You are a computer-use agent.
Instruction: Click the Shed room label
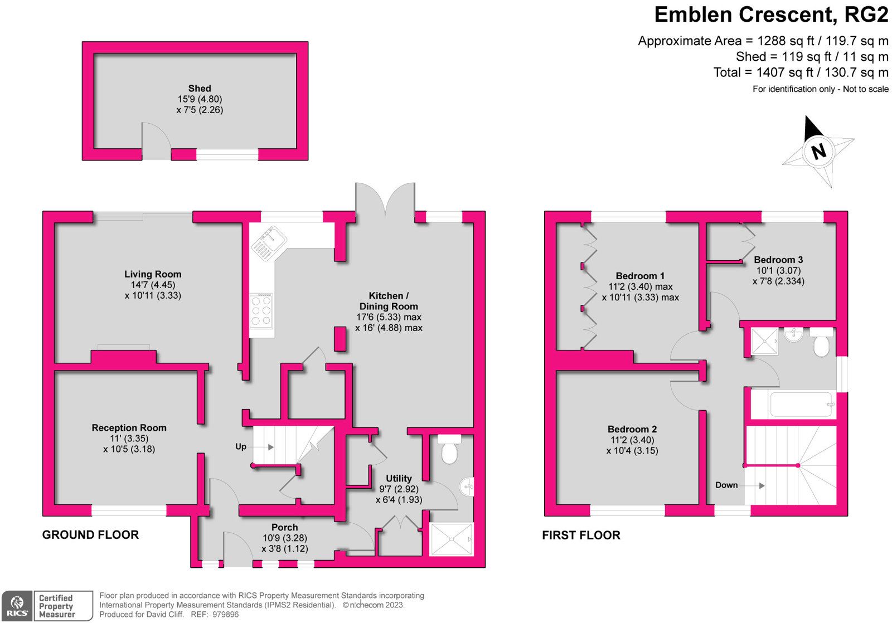pyautogui.click(x=200, y=89)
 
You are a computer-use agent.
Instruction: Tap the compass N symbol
pyautogui.click(x=818, y=151)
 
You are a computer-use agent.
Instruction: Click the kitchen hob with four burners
pyautogui.click(x=261, y=311)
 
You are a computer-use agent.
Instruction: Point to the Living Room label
pyautogui.click(x=153, y=274)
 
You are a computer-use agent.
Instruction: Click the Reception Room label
pyautogui.click(x=129, y=428)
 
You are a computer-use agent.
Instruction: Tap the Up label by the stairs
pyautogui.click(x=241, y=446)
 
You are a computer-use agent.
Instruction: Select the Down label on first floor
pyautogui.click(x=726, y=485)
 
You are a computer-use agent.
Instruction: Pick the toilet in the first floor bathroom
pyautogui.click(x=821, y=343)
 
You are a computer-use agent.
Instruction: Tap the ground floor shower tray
pyautogui.click(x=451, y=539)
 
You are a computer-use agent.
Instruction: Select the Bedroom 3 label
pyautogui.click(x=778, y=260)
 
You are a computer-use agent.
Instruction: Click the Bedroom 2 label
pyautogui.click(x=632, y=429)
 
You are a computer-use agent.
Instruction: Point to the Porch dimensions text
pyautogui.click(x=284, y=543)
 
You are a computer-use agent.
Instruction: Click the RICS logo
pyautogui.click(x=17, y=606)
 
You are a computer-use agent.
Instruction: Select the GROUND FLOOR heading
pyautogui.click(x=90, y=535)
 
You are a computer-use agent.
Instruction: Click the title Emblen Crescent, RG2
pyautogui.click(x=771, y=15)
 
